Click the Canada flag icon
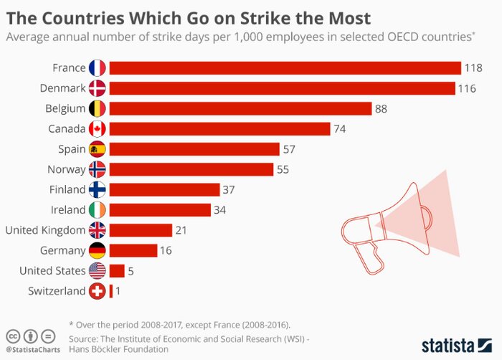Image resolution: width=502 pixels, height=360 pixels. point(97,129)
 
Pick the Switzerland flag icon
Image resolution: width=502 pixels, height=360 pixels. point(97,291)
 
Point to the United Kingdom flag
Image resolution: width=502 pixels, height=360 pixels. point(97,230)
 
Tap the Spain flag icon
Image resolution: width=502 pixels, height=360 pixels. point(97,149)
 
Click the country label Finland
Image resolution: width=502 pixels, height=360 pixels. point(67,190)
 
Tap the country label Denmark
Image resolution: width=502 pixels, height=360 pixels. point(61,88)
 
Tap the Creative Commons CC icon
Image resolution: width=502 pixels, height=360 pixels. point(13,335)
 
